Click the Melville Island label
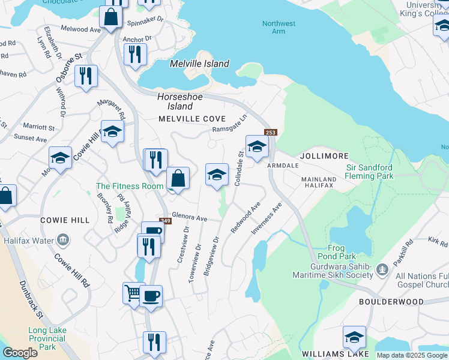pos(199,64)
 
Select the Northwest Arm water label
pos(279,28)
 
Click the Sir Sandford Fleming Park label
pos(369,172)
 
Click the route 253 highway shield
pos(270,133)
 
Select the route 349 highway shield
pos(165,221)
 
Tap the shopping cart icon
pos(134,293)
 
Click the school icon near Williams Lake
pos(354,337)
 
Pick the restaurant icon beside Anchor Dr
pos(135,54)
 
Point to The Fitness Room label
pos(130,186)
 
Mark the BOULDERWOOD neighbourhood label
pos(387,302)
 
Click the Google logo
pos(20,353)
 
